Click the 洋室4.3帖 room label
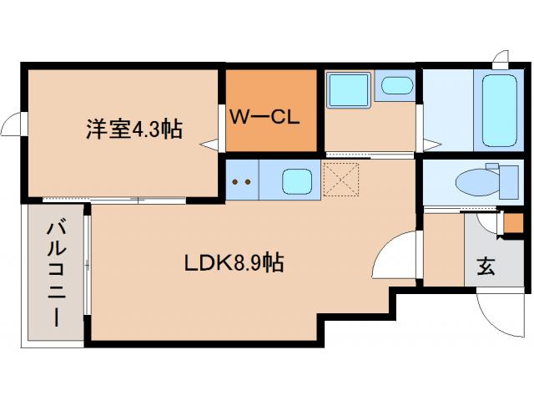coord(133,129)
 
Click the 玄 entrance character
coord(485,267)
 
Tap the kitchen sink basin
coord(295,180)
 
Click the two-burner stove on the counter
coord(242,180)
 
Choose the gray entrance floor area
coord(492,251)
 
